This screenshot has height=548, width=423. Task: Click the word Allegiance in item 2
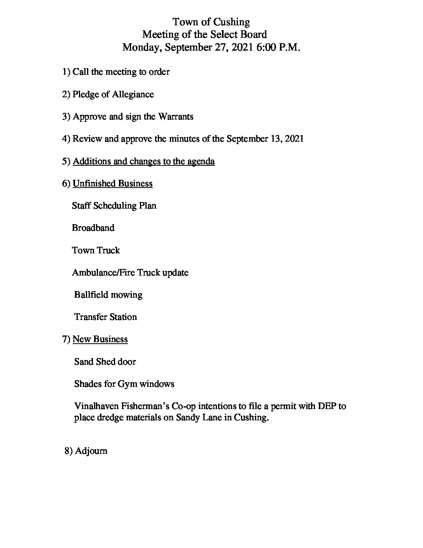coord(133,95)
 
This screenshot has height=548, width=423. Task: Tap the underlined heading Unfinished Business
coord(112,183)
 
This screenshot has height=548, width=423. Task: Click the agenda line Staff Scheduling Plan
coord(114,205)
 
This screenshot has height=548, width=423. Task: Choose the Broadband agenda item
coord(93,228)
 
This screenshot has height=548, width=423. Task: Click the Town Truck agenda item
coord(96,250)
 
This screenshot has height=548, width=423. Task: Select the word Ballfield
coord(90,295)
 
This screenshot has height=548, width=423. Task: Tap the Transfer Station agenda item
coord(105,317)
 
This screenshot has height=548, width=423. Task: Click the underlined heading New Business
coord(100,339)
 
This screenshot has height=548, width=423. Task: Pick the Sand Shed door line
coord(105,362)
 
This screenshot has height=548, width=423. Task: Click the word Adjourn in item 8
coord(91,451)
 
